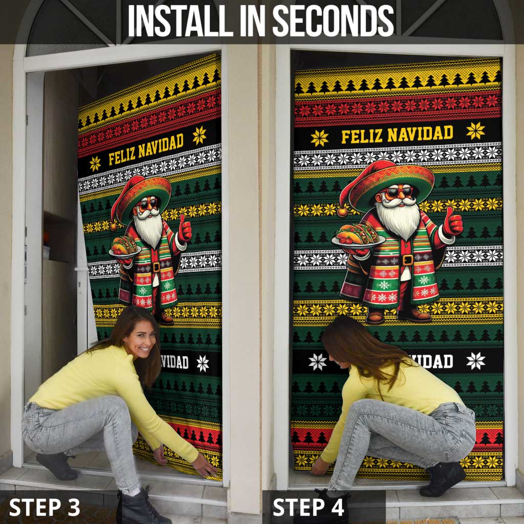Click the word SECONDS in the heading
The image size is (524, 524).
[333, 21]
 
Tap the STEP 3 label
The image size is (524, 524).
[45, 507]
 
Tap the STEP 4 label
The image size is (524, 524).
[309, 507]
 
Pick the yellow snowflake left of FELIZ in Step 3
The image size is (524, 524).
[95, 163]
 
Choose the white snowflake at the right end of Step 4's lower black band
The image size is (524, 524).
[475, 361]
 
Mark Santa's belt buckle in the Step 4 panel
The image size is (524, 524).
[407, 259]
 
